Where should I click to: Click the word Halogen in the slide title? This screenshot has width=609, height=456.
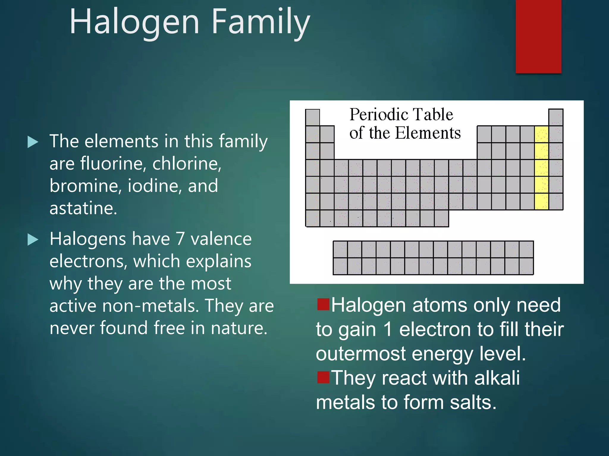(x=134, y=22)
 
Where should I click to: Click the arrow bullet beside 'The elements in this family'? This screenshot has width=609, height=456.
(x=33, y=142)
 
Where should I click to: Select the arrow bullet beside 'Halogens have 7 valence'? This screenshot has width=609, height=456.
(x=33, y=240)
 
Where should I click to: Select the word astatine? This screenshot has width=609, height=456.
(x=83, y=208)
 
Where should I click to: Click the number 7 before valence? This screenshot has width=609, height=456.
(x=180, y=239)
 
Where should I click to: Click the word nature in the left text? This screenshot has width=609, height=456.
(x=239, y=328)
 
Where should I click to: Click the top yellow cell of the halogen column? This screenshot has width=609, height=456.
(x=541, y=134)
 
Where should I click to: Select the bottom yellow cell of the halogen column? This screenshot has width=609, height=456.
(x=541, y=202)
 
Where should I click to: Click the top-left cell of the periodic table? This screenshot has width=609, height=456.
(x=313, y=117)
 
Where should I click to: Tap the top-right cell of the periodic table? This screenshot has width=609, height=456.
(x=555, y=117)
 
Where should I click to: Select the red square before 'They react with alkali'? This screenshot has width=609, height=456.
(x=323, y=377)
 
